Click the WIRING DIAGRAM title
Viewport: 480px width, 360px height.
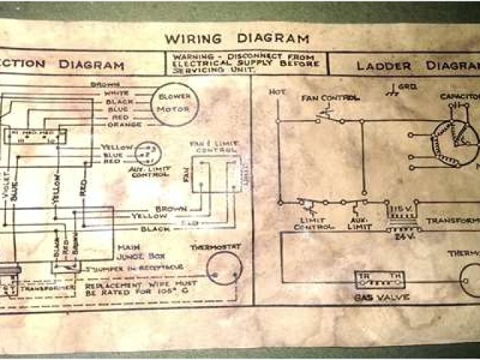click(x=236, y=38)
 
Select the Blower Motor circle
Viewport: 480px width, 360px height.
click(x=175, y=103)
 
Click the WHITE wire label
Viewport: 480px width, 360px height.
click(x=117, y=93)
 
